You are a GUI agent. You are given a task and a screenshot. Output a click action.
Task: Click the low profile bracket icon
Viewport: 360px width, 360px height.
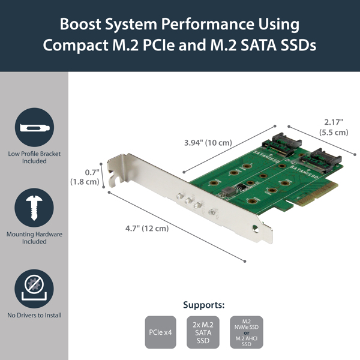[x=34, y=128]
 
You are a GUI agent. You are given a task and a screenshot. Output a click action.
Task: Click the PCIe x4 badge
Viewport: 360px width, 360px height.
[x=160, y=332]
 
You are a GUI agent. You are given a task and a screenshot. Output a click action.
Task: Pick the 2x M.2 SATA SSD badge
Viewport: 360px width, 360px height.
[x=203, y=332]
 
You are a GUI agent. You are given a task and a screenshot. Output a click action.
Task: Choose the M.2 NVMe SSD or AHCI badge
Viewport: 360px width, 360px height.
[x=246, y=332]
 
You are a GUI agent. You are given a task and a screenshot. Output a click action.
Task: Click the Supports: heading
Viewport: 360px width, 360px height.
[x=203, y=304]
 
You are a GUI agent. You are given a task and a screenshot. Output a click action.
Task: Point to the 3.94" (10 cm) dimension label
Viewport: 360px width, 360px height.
[x=208, y=143]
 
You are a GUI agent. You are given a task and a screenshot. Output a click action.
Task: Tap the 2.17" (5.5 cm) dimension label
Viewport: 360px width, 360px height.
[x=333, y=127]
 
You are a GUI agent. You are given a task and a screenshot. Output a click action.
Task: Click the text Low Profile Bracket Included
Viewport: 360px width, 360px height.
[x=34, y=157]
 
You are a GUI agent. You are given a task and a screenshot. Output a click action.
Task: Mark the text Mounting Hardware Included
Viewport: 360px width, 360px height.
[x=34, y=238]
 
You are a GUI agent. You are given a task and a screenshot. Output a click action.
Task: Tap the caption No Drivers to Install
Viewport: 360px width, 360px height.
[x=34, y=315]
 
